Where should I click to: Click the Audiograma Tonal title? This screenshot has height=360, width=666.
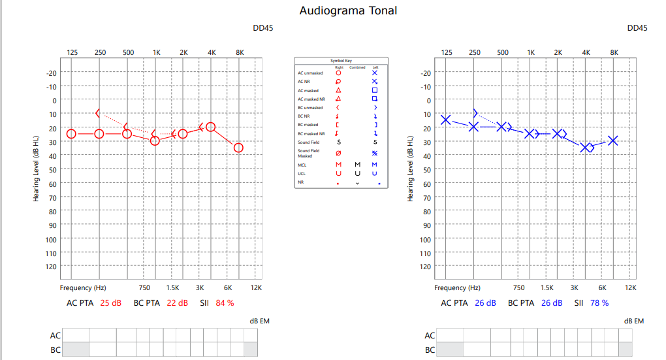tap(348, 10)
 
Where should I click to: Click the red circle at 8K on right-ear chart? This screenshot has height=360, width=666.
tap(238, 148)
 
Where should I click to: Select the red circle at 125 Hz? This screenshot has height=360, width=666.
tap(71, 134)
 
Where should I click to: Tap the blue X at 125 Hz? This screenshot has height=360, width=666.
tap(446, 120)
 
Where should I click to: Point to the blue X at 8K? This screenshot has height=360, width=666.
tap(613, 140)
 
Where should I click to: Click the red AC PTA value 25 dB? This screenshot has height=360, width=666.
tap(110, 303)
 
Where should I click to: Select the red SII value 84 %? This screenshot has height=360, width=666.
tap(225, 303)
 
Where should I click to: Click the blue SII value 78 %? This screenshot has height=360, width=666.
tap(599, 303)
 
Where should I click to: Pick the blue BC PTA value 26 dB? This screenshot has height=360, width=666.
tap(552, 303)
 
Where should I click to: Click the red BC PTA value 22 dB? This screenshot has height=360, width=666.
tap(177, 303)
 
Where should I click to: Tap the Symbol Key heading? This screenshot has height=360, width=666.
tap(341, 60)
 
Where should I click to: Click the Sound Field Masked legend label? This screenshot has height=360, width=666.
tap(309, 154)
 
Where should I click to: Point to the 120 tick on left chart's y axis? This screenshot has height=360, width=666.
tap(52, 267)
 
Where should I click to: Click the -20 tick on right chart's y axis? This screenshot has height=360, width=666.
tap(426, 73)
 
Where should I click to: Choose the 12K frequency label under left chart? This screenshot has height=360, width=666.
tap(256, 287)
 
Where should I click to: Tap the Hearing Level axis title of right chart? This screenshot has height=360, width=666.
tap(411, 169)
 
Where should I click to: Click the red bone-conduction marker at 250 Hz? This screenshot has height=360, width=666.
tap(98, 113)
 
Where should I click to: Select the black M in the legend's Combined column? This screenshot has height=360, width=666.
tap(357, 165)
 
